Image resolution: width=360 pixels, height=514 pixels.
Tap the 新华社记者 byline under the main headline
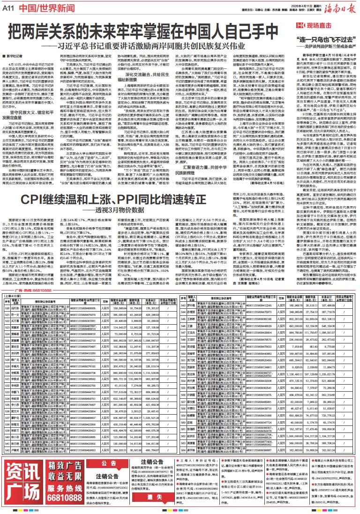point(19,55)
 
